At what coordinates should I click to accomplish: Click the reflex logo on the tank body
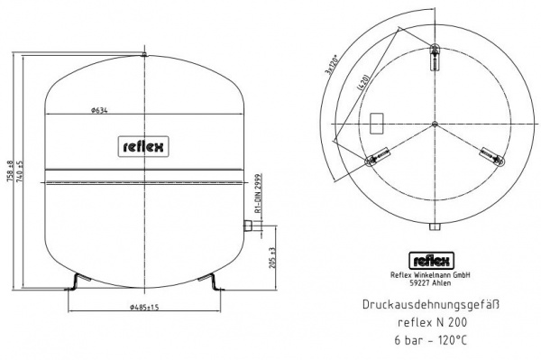pyautogui.click(x=144, y=145)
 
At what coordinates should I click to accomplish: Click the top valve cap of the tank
pyautogui.click(x=144, y=56)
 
